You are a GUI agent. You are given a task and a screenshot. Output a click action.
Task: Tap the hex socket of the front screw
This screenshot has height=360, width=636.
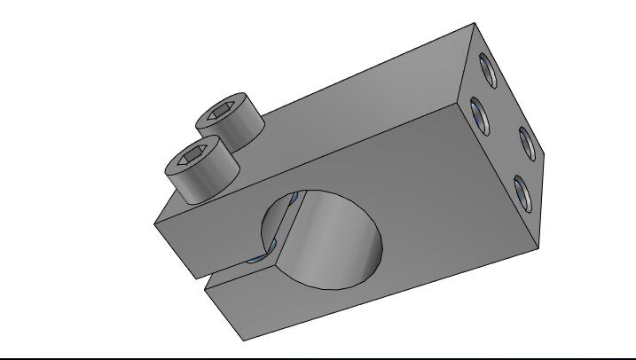pyautogui.click(x=196, y=159)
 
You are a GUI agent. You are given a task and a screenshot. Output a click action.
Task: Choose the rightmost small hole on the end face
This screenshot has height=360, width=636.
pyautogui.click(x=525, y=142)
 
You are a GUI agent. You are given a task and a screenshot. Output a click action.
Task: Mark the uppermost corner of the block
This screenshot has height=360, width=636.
pyautogui.click(x=475, y=24)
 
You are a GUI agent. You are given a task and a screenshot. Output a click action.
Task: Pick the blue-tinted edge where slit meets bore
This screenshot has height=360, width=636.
pyautogui.click(x=258, y=258)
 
